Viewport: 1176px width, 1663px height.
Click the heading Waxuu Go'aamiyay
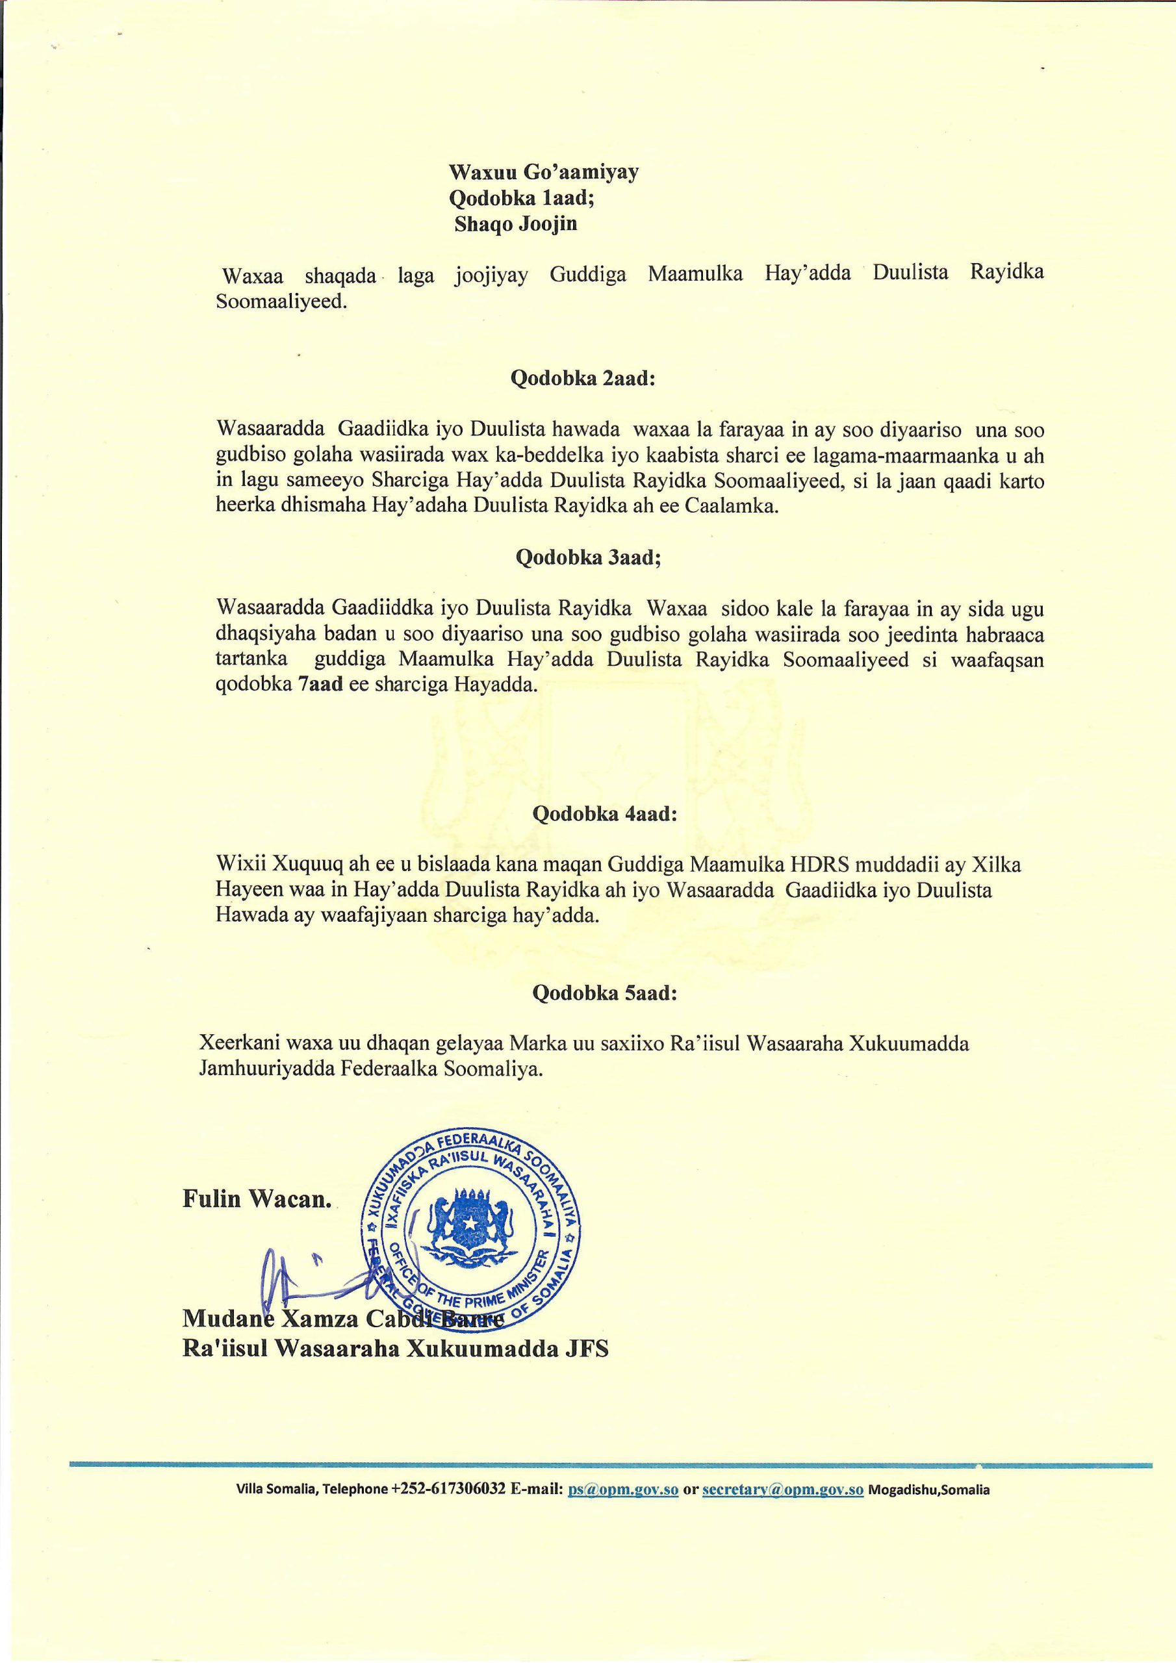pos(543,172)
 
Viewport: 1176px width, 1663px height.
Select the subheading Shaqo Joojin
pos(516,224)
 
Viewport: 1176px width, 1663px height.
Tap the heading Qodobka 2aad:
pos(583,379)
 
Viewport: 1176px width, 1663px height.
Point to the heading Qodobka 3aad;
pos(587,558)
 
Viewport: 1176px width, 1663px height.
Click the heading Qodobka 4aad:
pos(604,813)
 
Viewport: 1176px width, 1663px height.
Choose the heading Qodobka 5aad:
pos(604,993)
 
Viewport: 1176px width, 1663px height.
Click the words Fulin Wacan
pos(257,1199)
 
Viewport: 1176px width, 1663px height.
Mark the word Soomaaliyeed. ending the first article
pos(282,302)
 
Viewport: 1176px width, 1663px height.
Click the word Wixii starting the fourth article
pos(236,864)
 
